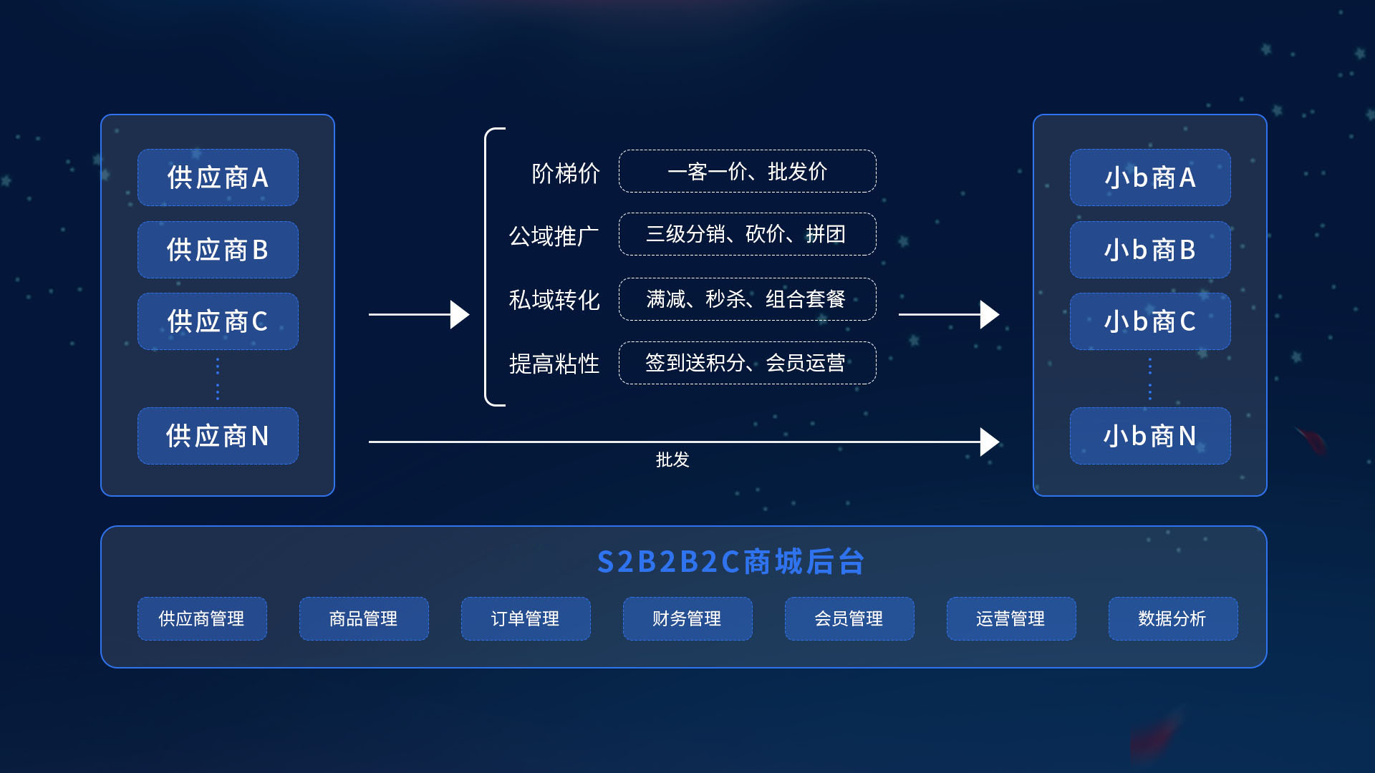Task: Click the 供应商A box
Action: pyautogui.click(x=218, y=178)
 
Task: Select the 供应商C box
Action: pyautogui.click(x=218, y=321)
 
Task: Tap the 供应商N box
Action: pyautogui.click(x=218, y=436)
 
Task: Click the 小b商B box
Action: pyautogui.click(x=1150, y=250)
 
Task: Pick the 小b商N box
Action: pyautogui.click(x=1150, y=436)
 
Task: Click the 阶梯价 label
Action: pyautogui.click(x=566, y=173)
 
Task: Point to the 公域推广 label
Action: pyautogui.click(x=554, y=235)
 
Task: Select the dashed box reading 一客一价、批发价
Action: pyautogui.click(x=747, y=171)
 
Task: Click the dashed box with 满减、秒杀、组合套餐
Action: pyautogui.click(x=747, y=299)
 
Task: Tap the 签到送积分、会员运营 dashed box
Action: pyautogui.click(x=747, y=363)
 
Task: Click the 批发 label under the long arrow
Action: pyautogui.click(x=672, y=460)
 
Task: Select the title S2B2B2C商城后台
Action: pyautogui.click(x=730, y=562)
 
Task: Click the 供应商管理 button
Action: pyautogui.click(x=202, y=618)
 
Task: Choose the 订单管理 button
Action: pyautogui.click(x=526, y=618)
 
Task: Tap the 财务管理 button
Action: pyautogui.click(x=687, y=618)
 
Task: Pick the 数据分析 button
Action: pyautogui.click(x=1173, y=618)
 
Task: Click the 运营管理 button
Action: pyautogui.click(x=1011, y=618)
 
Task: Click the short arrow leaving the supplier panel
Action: pyautogui.click(x=418, y=314)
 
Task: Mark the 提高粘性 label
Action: pyautogui.click(x=554, y=364)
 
